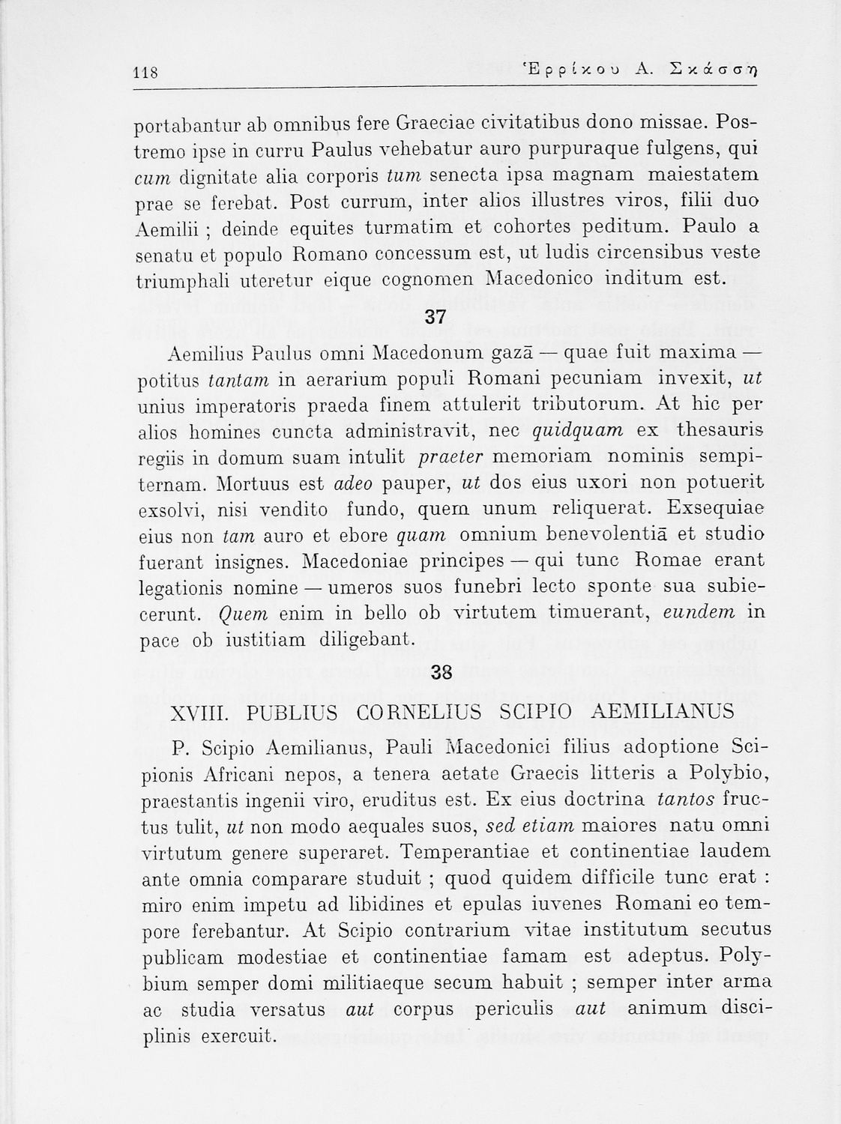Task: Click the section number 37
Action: pyautogui.click(x=435, y=317)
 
